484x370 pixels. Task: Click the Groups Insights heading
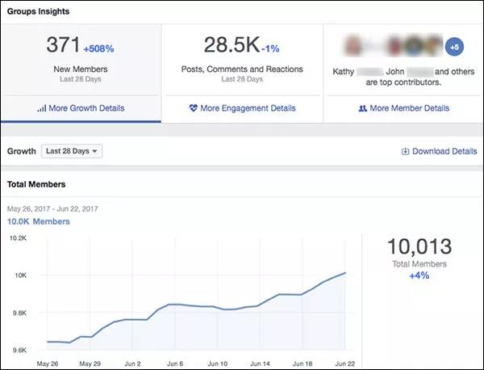pyautogui.click(x=38, y=11)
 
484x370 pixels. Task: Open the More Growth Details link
pyautogui.click(x=81, y=108)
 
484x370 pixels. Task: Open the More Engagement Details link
pyautogui.click(x=242, y=108)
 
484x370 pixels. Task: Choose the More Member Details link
pyautogui.click(x=403, y=108)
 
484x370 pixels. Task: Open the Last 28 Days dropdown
pyautogui.click(x=72, y=151)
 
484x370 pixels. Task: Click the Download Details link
pyautogui.click(x=439, y=151)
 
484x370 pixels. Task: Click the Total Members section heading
pyautogui.click(x=36, y=185)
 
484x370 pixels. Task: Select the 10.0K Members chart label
pyautogui.click(x=39, y=221)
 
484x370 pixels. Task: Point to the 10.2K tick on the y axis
pyautogui.click(x=19, y=238)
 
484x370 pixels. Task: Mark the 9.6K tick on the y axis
pyautogui.click(x=19, y=350)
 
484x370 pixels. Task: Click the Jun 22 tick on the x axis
pyautogui.click(x=344, y=364)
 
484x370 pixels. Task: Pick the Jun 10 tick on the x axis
pyautogui.click(x=219, y=364)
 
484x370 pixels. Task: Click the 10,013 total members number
pyautogui.click(x=419, y=247)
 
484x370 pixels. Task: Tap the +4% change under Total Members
pyautogui.click(x=419, y=276)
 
